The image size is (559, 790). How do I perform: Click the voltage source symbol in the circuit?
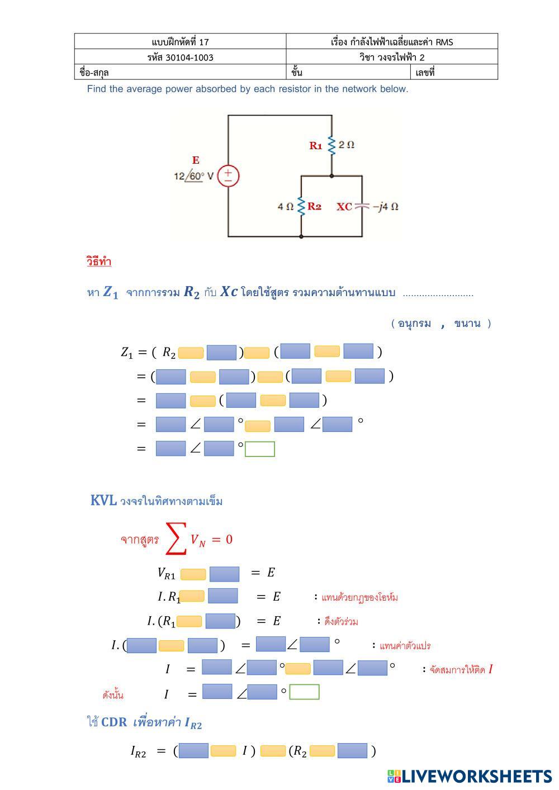228,176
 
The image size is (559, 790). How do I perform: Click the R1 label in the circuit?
316,146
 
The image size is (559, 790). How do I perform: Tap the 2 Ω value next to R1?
347,145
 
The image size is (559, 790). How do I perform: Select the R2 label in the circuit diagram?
314,207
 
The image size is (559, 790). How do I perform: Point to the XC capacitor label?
344,207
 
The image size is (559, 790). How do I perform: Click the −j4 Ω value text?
386,207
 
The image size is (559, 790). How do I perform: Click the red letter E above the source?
196,160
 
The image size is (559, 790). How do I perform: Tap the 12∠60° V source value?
193,176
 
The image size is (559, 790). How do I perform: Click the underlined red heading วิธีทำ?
99,261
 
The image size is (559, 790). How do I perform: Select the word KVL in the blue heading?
103,501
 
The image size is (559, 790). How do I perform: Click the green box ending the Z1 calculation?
260,449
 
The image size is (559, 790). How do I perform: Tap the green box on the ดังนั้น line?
305,692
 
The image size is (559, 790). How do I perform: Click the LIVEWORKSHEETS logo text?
470,776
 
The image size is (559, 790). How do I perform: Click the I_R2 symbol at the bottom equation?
139,752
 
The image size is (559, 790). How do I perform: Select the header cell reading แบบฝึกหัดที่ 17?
180,42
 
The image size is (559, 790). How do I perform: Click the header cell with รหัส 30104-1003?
180,57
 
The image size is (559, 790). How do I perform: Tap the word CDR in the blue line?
114,722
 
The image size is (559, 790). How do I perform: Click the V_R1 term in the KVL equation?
166,573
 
